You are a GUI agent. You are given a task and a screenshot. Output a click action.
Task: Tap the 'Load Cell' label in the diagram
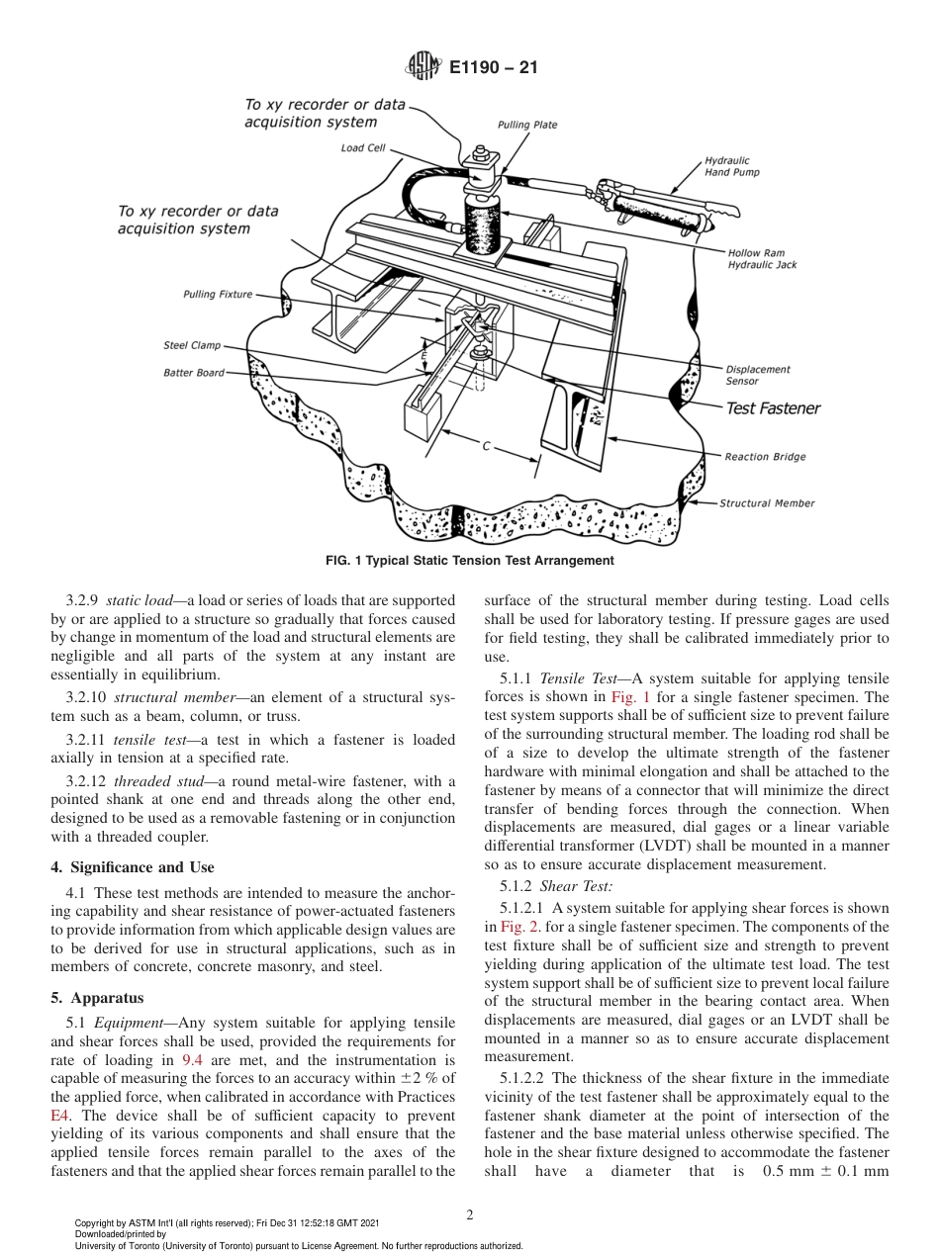coord(363,149)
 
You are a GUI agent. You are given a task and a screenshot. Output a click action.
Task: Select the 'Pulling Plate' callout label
coord(526,126)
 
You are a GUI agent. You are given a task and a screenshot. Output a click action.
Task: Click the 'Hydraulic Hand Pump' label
coord(732,166)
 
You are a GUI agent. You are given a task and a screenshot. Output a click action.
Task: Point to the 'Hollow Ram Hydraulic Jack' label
coord(762,259)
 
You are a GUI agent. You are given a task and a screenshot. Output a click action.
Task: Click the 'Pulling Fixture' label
coord(218,295)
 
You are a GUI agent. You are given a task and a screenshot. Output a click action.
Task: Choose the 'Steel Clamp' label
coord(192,346)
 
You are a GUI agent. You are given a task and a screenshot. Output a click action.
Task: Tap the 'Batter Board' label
coord(194,373)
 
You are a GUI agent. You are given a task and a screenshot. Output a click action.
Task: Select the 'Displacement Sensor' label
coord(757,375)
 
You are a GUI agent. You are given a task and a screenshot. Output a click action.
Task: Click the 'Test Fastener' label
coord(773,408)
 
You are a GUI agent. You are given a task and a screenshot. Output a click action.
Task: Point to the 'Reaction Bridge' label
coord(765,457)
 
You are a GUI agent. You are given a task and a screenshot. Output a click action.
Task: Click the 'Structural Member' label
coord(767,503)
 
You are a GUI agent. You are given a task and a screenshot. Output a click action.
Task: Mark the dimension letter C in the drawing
coord(486,447)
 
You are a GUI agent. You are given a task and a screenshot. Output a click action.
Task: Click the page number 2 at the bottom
coord(470,1215)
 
